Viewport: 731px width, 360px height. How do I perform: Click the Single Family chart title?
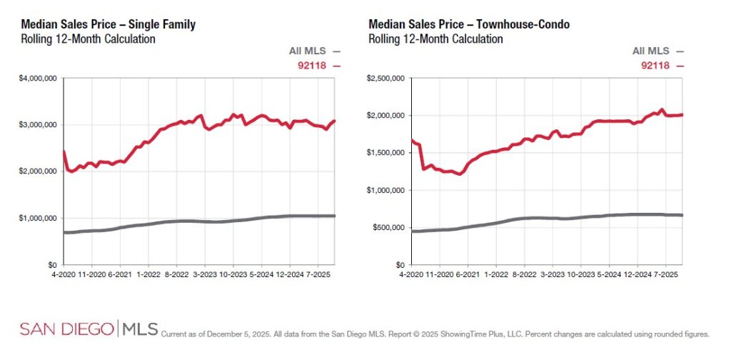109,25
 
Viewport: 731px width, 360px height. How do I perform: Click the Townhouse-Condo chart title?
469,25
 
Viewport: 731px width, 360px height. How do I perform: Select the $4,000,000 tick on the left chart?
41,78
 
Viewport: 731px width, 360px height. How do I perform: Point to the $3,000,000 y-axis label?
41,125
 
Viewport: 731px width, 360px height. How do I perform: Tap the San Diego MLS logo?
89,329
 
